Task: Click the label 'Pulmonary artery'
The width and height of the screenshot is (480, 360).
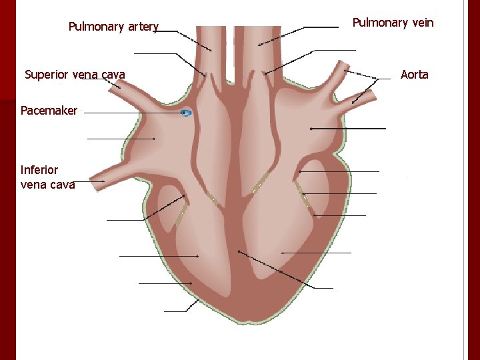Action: (113, 27)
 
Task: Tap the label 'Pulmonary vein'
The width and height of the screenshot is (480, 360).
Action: (393, 23)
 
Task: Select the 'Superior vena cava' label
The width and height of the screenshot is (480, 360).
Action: (75, 74)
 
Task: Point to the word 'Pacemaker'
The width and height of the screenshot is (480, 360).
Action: (49, 111)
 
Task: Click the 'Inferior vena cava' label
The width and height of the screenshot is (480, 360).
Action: (47, 177)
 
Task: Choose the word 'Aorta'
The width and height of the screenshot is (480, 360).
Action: (414, 75)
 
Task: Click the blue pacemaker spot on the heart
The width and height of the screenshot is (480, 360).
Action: (186, 113)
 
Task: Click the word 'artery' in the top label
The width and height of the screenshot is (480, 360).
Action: (143, 27)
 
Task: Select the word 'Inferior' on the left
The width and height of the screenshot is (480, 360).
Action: (39, 170)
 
